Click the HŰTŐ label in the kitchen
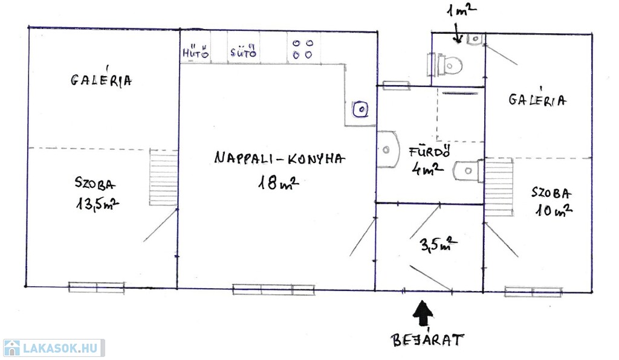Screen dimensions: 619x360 click(x=195, y=52)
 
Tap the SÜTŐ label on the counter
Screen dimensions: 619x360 click(x=243, y=51)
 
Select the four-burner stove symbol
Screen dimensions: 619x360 click(x=303, y=49)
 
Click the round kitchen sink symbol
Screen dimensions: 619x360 click(x=360, y=109)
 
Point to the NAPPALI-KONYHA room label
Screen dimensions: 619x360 click(x=279, y=158)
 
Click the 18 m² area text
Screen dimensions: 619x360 click(x=277, y=182)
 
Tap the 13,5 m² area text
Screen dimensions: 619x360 click(x=97, y=204)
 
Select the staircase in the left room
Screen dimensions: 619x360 click(x=163, y=177)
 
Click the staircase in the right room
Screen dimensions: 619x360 click(x=499, y=187)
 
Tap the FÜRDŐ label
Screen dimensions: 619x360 click(x=430, y=152)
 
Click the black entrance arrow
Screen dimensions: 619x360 click(x=423, y=313)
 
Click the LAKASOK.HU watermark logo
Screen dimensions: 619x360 click(x=54, y=348)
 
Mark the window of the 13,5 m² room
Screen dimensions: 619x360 click(x=96, y=287)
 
